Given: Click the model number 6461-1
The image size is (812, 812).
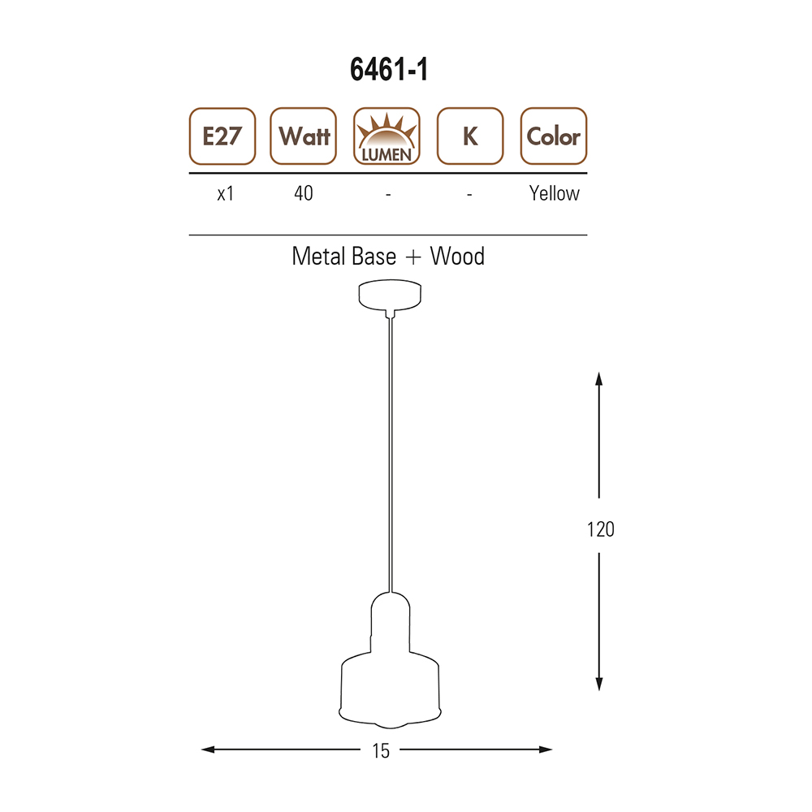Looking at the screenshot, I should click(389, 71).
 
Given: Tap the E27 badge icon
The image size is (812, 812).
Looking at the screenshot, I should click(222, 136).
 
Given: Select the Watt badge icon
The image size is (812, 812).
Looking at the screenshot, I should click(304, 136).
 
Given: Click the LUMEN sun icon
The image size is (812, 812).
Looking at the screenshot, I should click(387, 136).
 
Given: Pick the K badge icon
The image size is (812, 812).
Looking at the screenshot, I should click(469, 136).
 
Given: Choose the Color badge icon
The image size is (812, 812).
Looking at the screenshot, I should click(553, 136).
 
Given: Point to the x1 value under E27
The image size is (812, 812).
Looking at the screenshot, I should click(226, 194).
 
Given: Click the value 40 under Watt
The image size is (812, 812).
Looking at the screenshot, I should click(303, 194).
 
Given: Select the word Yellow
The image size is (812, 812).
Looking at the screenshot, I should click(554, 194).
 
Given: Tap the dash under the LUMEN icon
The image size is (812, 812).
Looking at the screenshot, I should click(388, 195).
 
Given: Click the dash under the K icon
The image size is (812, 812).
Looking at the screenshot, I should click(470, 195).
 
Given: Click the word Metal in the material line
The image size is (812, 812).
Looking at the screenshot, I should click(319, 257).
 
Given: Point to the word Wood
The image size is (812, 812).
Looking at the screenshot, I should click(457, 257).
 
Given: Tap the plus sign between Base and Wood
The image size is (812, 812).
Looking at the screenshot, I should click(413, 257).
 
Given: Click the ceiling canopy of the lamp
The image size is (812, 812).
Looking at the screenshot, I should click(390, 296).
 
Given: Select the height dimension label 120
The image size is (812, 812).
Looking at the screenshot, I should click(600, 529).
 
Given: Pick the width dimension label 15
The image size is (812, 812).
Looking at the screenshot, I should click(380, 751).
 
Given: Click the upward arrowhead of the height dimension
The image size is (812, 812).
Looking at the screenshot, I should click(599, 378).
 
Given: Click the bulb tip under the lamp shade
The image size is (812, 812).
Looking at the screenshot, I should click(391, 723).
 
